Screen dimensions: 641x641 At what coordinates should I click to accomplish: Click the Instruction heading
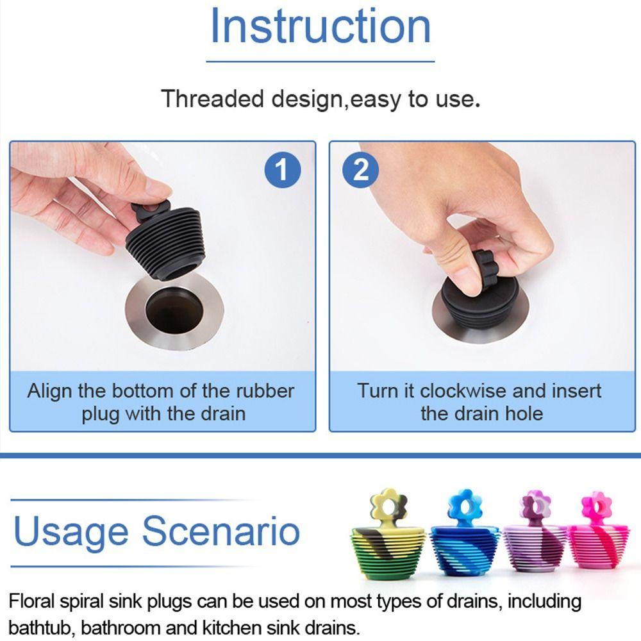click(320, 27)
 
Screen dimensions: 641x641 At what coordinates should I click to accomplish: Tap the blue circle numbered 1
click(282, 171)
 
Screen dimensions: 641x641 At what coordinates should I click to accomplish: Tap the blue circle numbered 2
click(362, 171)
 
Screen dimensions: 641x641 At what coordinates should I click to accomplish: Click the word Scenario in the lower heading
click(221, 532)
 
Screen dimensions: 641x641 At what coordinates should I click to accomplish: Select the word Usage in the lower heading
click(72, 532)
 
